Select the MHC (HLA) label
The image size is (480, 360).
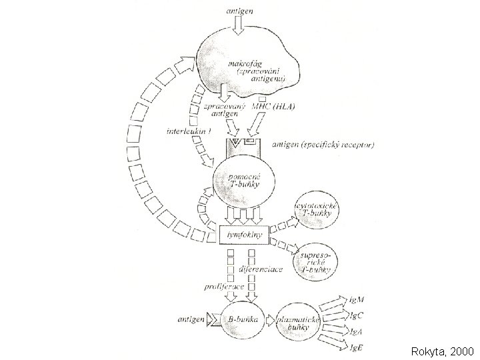click(272, 106)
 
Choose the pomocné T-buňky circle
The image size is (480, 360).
click(241, 183)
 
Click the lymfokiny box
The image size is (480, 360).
click(243, 235)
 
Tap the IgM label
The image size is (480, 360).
click(357, 300)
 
